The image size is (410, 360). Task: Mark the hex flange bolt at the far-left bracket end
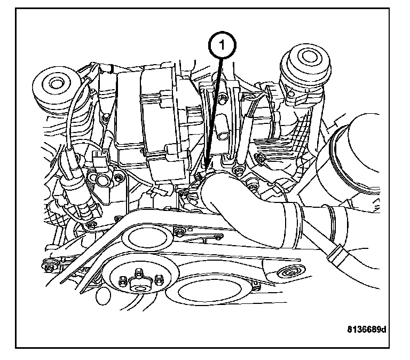pos(51,264)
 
